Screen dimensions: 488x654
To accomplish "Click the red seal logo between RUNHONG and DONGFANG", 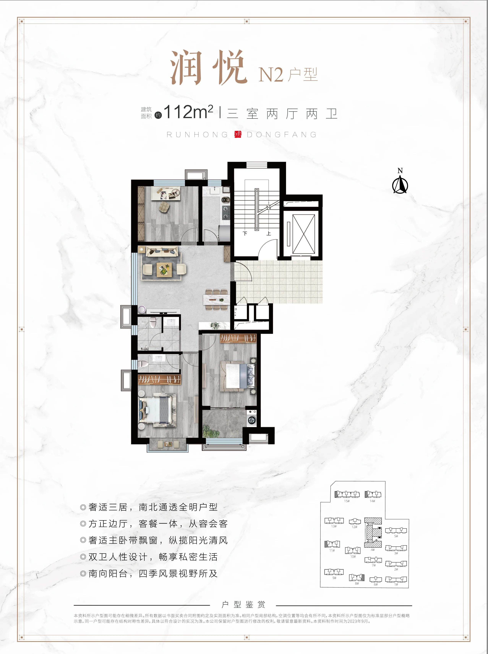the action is tap(238, 135).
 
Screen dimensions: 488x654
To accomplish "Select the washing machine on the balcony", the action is tap(252, 420).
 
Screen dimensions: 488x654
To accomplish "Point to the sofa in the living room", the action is tap(162, 252).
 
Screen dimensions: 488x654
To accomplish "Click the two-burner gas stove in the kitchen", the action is tap(226, 212).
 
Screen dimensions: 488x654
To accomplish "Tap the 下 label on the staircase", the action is tap(245, 234).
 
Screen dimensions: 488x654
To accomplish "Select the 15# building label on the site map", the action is tap(347, 501).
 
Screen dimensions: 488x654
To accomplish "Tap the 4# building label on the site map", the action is tap(373, 550).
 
